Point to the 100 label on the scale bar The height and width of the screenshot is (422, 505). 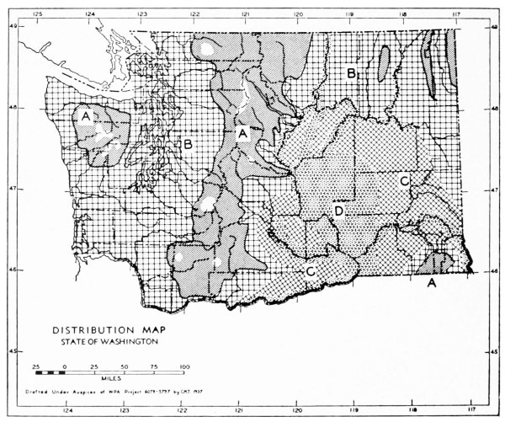click(x=183, y=367)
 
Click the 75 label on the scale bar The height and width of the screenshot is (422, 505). click(x=154, y=367)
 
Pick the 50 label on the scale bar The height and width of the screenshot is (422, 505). click(x=125, y=367)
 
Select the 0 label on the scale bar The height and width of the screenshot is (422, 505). click(x=65, y=367)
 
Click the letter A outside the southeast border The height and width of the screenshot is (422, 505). click(x=433, y=284)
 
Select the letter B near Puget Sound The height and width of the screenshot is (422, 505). click(x=188, y=145)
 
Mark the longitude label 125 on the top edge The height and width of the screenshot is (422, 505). click(x=38, y=13)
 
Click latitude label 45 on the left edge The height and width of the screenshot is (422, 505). click(x=13, y=351)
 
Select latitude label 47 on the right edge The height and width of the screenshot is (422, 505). click(x=493, y=190)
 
